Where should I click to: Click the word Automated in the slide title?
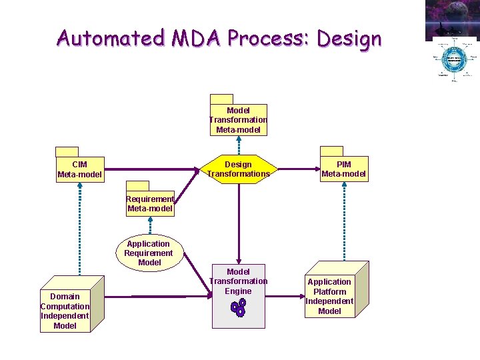109,38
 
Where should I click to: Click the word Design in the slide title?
349,39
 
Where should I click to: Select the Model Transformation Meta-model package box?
238,120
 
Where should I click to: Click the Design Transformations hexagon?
238,169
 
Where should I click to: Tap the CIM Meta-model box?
80,169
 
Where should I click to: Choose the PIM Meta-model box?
343,169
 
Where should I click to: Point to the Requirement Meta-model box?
150,203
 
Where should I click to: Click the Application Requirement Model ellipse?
148,253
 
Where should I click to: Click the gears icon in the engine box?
238,307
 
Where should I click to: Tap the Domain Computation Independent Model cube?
64,310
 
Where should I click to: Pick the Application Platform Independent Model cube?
329,295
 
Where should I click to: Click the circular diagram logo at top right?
453,61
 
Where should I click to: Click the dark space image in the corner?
452,19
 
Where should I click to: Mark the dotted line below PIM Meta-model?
343,220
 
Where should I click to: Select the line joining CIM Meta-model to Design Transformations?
153,169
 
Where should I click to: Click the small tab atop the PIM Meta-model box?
331,151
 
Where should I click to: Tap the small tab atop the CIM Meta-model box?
67,151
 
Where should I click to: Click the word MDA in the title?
196,38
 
